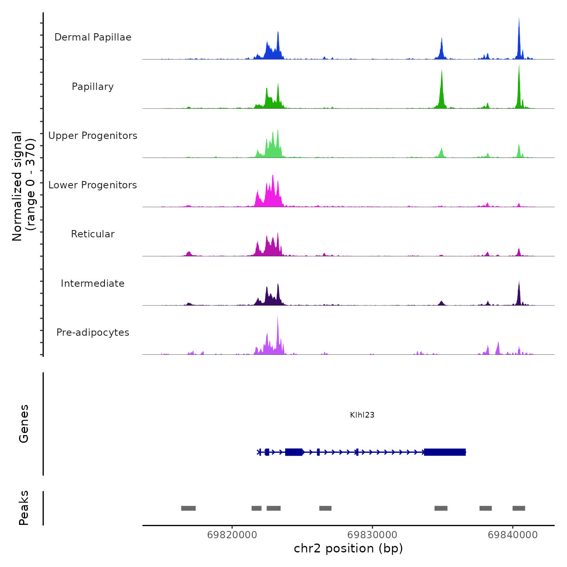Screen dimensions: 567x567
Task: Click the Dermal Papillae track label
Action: [93, 37]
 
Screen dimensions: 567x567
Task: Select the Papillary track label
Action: [93, 87]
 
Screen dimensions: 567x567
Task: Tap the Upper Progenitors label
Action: [93, 136]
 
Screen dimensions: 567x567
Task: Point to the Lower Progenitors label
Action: [93, 185]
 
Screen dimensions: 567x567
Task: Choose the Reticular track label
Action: [93, 234]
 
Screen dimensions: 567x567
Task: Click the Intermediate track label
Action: [93, 283]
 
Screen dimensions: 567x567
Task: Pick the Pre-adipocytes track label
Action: [93, 333]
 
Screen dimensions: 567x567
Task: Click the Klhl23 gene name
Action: [362, 415]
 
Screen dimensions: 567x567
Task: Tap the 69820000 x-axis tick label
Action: [232, 535]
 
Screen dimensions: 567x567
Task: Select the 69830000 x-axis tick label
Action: [372, 535]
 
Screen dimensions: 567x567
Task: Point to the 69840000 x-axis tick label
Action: [513, 535]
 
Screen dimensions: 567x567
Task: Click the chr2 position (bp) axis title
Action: [348, 548]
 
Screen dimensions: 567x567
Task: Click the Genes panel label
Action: [24, 424]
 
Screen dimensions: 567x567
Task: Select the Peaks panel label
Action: [24, 508]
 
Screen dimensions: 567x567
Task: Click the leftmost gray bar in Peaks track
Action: [188, 508]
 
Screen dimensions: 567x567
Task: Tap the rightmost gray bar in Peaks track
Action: [519, 508]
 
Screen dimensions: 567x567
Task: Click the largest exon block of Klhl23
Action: [445, 452]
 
